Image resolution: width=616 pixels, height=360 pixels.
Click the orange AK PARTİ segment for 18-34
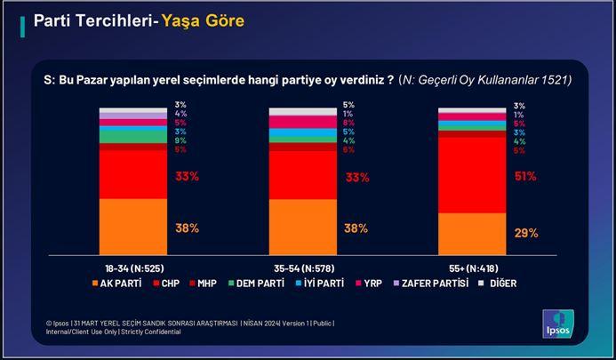[x=132, y=227]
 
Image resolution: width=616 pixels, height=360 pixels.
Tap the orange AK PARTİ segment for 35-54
[x=303, y=227]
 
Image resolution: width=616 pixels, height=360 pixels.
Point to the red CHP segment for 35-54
[x=303, y=176]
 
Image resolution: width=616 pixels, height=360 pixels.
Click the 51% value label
[x=525, y=176]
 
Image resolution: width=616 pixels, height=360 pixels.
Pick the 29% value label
[x=525, y=233]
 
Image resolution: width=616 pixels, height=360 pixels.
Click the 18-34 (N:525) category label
[x=133, y=268]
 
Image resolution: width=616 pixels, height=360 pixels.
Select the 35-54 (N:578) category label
[x=303, y=268]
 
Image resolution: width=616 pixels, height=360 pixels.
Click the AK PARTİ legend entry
[x=120, y=284]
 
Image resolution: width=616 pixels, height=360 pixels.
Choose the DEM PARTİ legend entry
[x=256, y=284]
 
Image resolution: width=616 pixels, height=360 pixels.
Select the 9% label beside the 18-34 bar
[x=180, y=140]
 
